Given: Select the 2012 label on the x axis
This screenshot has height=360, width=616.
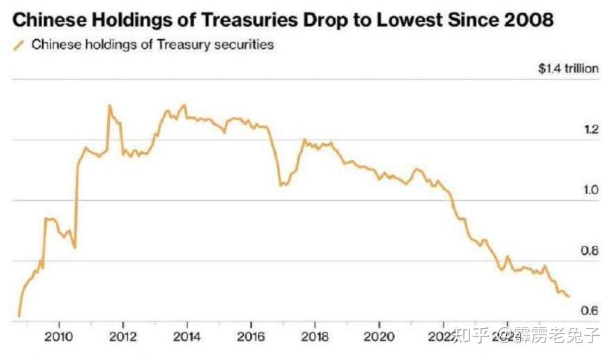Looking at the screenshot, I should point(123,335).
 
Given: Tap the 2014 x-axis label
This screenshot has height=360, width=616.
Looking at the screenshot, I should point(187,335).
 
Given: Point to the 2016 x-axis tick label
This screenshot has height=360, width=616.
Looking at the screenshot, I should point(251,335).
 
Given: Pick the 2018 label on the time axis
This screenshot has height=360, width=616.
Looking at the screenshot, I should point(315,335).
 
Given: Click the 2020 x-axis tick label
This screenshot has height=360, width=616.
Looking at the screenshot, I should point(379,335).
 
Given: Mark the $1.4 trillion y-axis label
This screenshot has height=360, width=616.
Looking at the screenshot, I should point(568,68).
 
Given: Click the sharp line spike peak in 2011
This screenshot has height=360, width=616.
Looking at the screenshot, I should point(109,106).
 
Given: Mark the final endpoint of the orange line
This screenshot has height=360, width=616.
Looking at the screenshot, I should point(568,296).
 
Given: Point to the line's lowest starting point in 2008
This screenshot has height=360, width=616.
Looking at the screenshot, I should point(19,315).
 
